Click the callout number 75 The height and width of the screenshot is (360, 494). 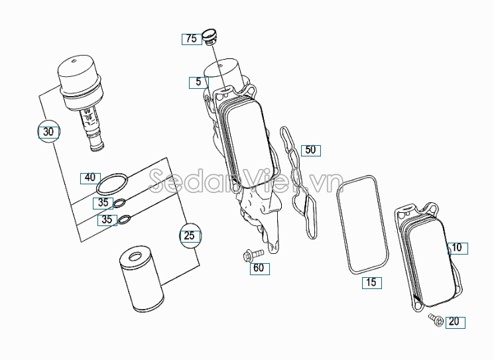click(191, 38)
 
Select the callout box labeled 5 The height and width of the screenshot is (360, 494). click(198, 82)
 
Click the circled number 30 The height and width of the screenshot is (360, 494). click(48, 131)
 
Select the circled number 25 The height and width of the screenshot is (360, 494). click(190, 235)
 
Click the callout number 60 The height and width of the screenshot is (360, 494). click(258, 268)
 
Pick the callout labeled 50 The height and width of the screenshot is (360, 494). click(310, 150)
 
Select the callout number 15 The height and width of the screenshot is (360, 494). click(371, 282)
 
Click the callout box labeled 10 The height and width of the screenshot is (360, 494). click(458, 249)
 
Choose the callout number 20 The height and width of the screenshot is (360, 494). click(454, 322)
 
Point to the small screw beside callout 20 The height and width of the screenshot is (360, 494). click(435, 319)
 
